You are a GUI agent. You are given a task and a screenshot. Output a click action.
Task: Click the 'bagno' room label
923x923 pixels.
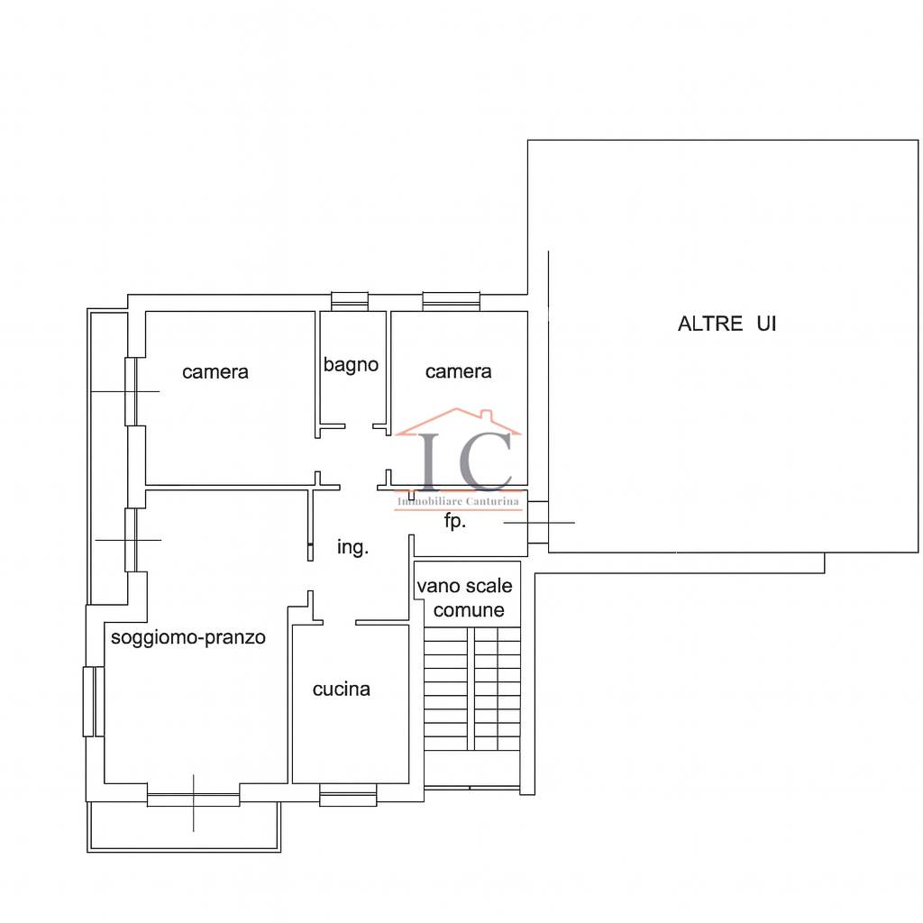point(351,365)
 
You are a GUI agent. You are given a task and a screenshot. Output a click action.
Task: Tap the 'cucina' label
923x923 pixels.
point(342,690)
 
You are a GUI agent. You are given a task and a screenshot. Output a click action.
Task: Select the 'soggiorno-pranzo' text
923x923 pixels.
point(188,637)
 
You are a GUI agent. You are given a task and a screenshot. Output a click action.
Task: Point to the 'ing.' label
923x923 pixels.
point(352,547)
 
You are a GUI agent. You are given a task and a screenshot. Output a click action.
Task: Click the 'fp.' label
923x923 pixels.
point(455,521)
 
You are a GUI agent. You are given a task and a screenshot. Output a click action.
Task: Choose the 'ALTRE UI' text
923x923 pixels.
point(727,324)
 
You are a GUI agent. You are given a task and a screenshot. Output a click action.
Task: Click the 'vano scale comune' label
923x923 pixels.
point(465,599)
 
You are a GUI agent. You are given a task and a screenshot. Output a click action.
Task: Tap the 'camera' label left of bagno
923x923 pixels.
point(215,372)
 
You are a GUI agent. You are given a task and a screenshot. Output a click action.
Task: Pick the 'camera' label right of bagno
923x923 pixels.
point(459,371)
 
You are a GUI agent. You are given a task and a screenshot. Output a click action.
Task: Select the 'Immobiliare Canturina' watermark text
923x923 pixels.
point(459,501)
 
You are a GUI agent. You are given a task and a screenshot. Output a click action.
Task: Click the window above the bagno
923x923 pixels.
point(350,301)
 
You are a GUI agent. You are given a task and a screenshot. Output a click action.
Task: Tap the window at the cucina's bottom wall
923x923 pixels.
point(348,795)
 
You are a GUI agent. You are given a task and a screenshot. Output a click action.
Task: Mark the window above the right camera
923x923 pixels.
point(452,301)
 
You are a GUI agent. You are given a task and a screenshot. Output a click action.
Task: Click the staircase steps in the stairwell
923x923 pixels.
point(472,689)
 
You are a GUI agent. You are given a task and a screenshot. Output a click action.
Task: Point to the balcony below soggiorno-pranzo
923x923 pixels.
point(184,827)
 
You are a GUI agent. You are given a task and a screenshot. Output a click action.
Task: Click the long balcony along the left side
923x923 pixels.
point(108,457)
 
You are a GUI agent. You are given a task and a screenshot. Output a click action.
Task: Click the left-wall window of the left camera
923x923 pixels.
point(131,391)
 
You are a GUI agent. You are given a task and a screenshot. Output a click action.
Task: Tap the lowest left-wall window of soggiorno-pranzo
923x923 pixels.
point(94,701)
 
